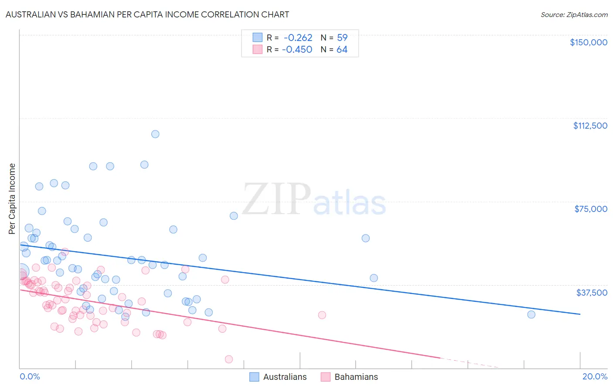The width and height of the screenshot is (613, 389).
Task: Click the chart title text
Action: point(147,14)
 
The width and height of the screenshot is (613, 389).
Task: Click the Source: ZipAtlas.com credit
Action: point(574,14)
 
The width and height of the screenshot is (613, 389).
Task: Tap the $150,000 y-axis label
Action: point(588,42)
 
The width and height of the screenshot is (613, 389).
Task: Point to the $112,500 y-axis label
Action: point(590,126)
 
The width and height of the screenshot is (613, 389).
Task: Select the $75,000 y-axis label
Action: point(590,209)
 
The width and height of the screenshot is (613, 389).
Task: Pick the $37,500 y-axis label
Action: point(591,292)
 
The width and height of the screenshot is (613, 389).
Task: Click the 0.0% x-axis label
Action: point(30,376)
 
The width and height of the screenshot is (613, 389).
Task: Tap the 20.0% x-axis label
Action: point(595,376)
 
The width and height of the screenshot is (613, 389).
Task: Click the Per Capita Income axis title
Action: point(12,199)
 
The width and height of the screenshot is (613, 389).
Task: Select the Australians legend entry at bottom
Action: point(278,377)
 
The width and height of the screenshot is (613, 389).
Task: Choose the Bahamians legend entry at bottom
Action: point(349,377)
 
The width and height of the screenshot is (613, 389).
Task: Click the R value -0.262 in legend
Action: point(298,38)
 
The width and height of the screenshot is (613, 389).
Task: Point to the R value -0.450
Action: point(297,50)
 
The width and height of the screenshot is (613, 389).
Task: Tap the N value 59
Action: point(342,38)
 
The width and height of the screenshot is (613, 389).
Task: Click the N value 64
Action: point(342,50)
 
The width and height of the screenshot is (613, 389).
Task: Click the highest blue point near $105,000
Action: point(155,134)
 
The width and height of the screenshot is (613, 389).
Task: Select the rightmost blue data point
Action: point(531,314)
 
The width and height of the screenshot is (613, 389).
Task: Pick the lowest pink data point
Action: point(229,359)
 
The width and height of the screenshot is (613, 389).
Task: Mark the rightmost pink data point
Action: point(322,315)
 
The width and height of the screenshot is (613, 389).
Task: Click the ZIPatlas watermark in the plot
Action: point(314,200)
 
